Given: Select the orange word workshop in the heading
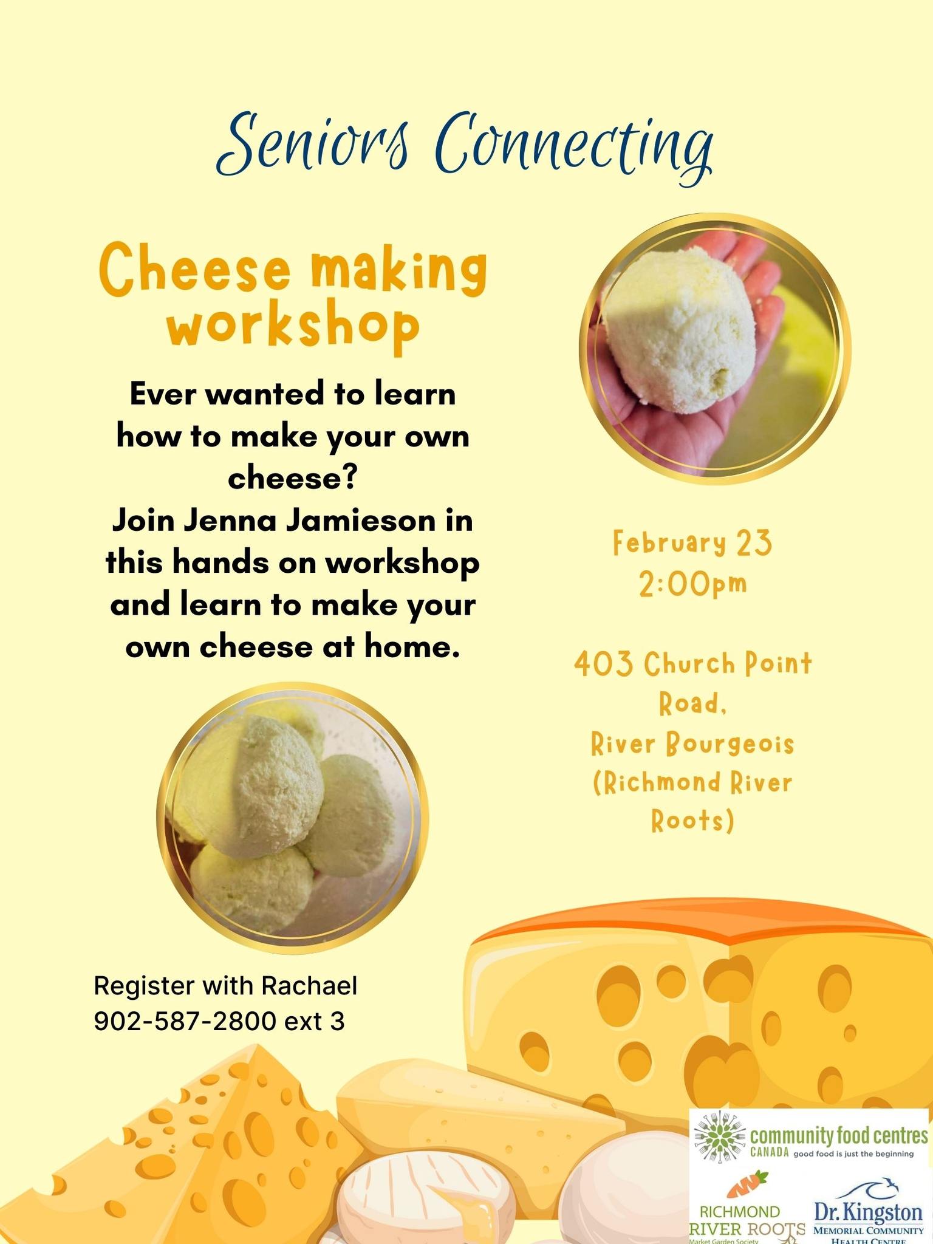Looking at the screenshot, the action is pyautogui.click(x=294, y=327).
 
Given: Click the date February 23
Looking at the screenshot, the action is pyautogui.click(x=692, y=544).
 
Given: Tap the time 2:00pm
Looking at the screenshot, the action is pyautogui.click(x=692, y=584).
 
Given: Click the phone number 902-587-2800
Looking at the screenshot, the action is pyautogui.click(x=185, y=1022).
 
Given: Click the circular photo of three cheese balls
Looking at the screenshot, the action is pyautogui.click(x=293, y=816).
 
